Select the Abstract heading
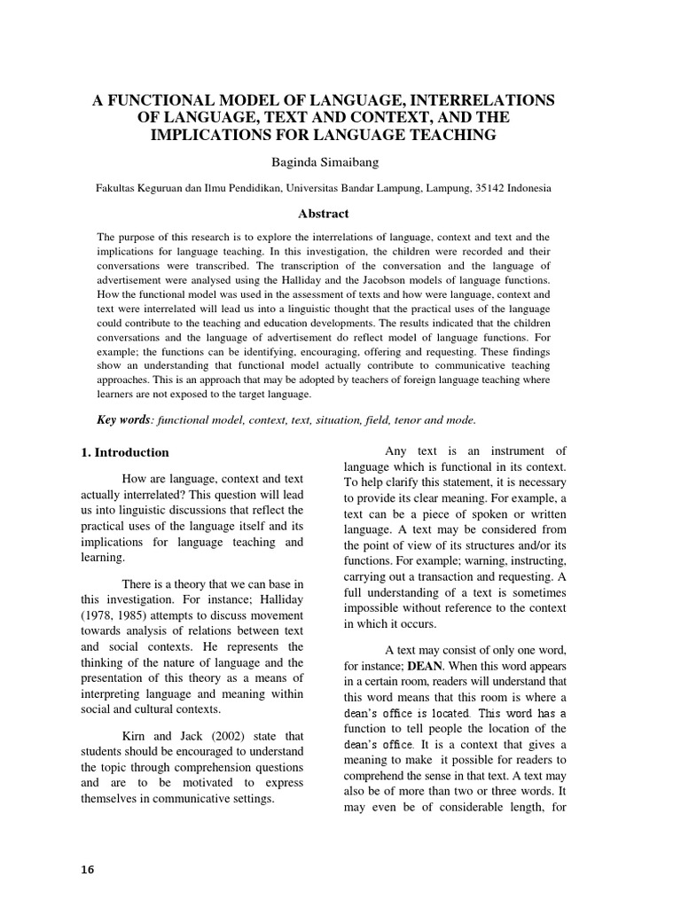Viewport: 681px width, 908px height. point(323,214)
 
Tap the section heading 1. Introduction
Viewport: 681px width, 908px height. point(124,452)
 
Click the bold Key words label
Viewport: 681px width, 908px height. point(122,419)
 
